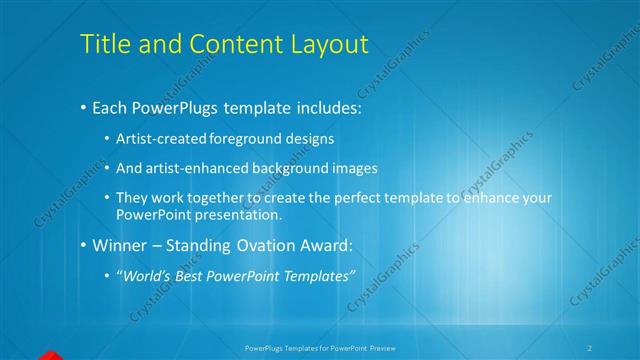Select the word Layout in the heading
[329, 45]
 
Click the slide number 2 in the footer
[590, 347]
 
